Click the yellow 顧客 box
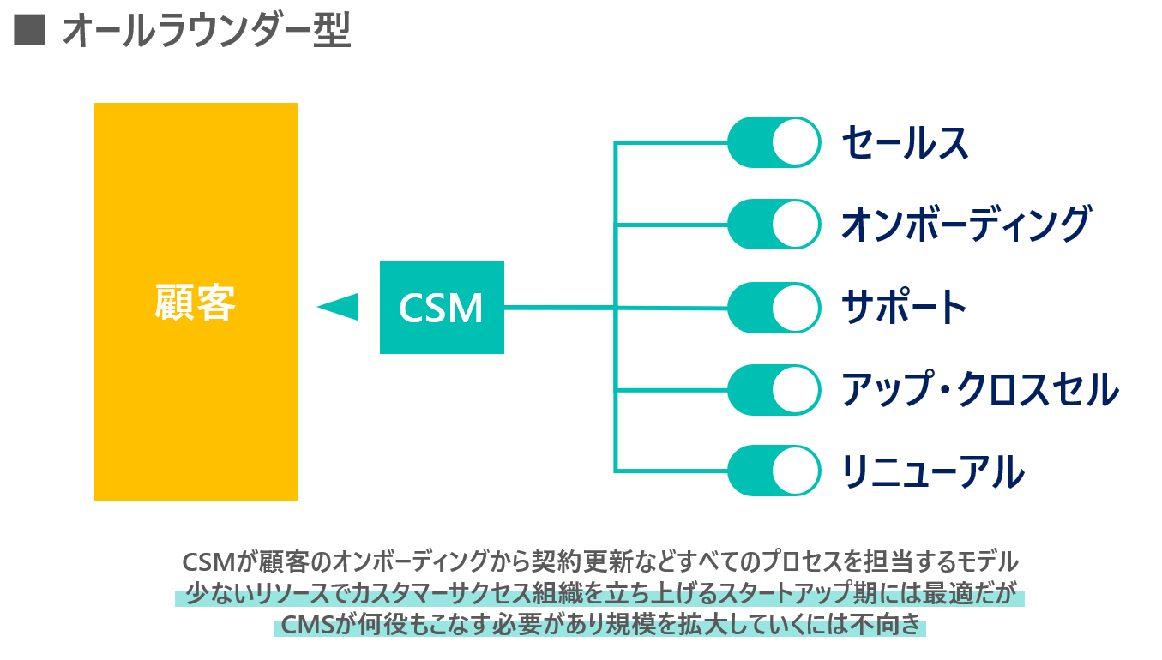[196, 302]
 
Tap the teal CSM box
[442, 307]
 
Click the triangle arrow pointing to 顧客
[340, 306]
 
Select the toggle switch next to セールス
[774, 142]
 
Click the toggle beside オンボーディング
[774, 225]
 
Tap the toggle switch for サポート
[774, 307]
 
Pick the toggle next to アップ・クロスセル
[774, 389]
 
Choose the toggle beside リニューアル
[774, 471]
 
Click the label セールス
[905, 142]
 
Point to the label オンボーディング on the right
[965, 225]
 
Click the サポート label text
[905, 307]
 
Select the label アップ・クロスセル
[980, 389]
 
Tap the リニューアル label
[932, 471]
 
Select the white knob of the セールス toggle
[796, 142]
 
